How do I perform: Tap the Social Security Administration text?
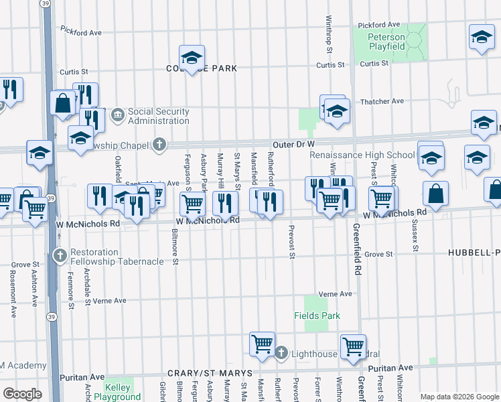click(x=158, y=116)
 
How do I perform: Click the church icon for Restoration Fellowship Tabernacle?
click(x=60, y=255)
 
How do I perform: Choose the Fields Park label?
click(x=317, y=316)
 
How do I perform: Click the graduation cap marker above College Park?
click(x=192, y=58)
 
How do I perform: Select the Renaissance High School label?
click(x=362, y=155)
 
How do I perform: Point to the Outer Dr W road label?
click(x=293, y=144)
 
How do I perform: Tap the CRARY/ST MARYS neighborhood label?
click(x=210, y=373)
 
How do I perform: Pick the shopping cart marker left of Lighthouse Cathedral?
click(x=262, y=344)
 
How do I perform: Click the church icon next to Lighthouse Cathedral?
click(x=281, y=352)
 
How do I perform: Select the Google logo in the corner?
click(x=21, y=394)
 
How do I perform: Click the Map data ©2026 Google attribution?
click(x=459, y=397)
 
